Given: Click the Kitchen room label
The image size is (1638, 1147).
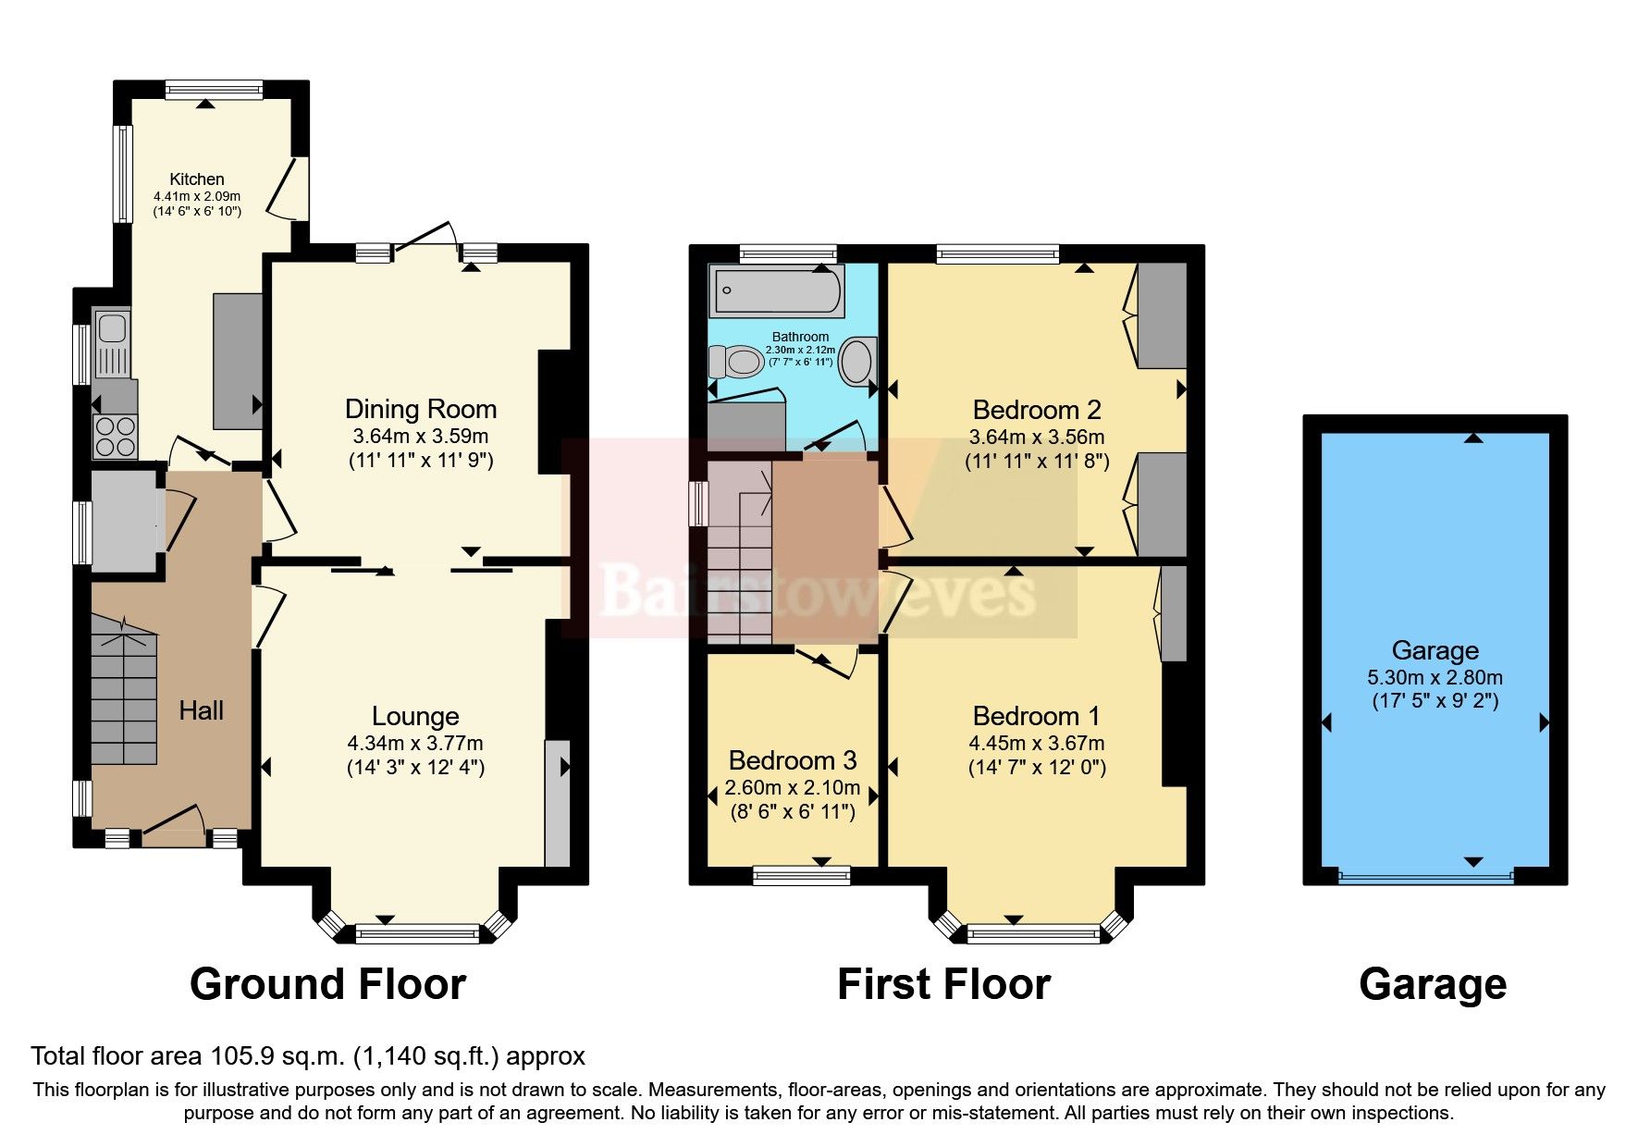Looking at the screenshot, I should click(196, 179).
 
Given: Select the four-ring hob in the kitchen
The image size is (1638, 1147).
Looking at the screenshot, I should click(115, 437).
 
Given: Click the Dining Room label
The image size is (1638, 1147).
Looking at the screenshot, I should click(421, 410).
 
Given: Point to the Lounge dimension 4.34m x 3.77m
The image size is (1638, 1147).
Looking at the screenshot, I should click(415, 743).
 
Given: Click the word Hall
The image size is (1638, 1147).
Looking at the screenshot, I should click(201, 710).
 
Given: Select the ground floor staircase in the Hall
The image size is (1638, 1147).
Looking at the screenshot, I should click(124, 694).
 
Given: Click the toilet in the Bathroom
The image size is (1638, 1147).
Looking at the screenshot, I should click(737, 361).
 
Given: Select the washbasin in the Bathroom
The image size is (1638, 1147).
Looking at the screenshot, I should click(857, 361).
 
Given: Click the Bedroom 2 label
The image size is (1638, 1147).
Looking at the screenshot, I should click(1037, 410).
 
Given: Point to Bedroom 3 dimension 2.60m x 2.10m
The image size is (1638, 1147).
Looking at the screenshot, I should click(793, 788).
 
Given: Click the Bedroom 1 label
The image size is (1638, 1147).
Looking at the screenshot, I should click(1037, 716).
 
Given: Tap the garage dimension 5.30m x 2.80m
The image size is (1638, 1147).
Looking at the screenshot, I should click(1435, 677).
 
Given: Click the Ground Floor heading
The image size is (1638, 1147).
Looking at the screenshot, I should click(327, 984).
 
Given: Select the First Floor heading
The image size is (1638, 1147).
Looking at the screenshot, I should click(943, 984).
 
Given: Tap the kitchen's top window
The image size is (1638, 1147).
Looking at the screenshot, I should click(215, 90).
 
